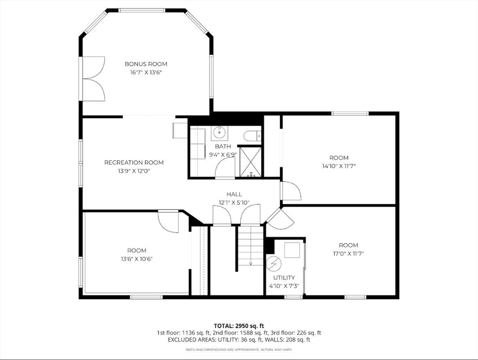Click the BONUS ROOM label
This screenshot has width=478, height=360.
[146, 64]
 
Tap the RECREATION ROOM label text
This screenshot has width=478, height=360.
[134, 163]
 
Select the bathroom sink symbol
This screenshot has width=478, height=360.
[219, 133]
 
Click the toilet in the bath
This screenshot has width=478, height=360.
[252, 136]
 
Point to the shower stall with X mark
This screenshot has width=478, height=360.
[250, 162]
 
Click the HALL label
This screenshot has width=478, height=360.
[234, 195]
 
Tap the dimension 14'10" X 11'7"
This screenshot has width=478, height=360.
[339, 166]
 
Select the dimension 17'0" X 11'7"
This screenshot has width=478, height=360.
[349, 254]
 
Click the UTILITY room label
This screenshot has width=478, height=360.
[284, 278]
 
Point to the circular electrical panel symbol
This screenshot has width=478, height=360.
[272, 264]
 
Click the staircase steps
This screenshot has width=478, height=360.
[250, 245]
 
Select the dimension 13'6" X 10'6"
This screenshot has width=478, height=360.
[137, 259]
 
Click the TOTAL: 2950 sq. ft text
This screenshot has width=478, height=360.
[239, 326]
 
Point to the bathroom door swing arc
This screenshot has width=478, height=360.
[225, 166]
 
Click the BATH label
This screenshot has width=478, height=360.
[223, 147]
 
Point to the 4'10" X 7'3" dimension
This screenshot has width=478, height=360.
[284, 286]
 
